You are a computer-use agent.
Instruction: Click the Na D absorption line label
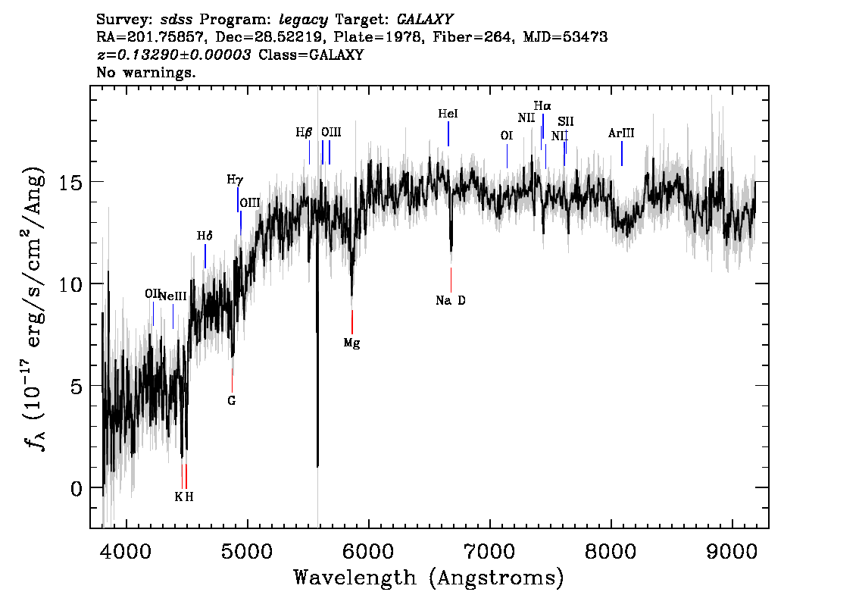450,300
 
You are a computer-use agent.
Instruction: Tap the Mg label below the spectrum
351,343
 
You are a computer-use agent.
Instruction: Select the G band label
232,401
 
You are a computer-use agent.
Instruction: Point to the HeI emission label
448,114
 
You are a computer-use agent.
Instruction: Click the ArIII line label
621,133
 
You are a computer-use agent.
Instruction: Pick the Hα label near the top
542,106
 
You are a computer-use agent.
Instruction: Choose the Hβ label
304,133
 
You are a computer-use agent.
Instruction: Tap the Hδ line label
205,236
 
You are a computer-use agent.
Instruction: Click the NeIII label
173,296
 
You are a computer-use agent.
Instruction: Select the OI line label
507,136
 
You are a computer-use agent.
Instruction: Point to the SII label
566,121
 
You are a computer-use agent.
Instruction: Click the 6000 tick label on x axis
369,551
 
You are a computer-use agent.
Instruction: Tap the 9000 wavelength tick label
732,551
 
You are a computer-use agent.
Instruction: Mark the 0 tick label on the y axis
77,488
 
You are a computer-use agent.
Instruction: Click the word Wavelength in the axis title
355,578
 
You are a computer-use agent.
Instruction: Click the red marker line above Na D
451,280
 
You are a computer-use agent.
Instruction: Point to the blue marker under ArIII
622,153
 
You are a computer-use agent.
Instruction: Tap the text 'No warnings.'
146,72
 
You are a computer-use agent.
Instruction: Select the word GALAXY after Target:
424,20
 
